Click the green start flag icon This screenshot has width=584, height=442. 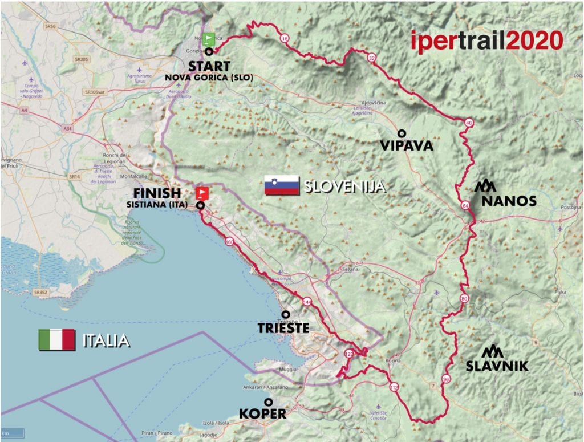(x=210, y=39)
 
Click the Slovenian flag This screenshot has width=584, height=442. (x=282, y=186)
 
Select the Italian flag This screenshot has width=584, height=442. (x=56, y=340)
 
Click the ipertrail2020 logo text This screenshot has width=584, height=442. (x=487, y=41)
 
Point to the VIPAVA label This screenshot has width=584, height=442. (x=407, y=146)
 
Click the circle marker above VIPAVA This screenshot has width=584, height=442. (x=401, y=133)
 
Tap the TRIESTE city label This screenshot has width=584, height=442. (x=283, y=328)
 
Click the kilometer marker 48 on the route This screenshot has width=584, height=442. (x=469, y=123)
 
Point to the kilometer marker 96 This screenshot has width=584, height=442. (x=446, y=379)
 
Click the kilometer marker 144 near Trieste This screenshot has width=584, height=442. (x=308, y=302)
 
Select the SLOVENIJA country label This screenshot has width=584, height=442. (x=344, y=186)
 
